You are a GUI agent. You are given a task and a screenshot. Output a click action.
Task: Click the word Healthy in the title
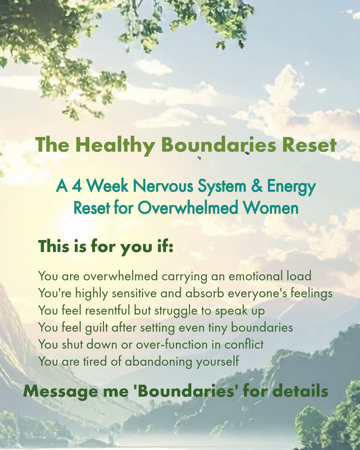pyautogui.click(x=115, y=145)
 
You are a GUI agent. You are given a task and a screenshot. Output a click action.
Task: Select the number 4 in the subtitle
pyautogui.click(x=77, y=186)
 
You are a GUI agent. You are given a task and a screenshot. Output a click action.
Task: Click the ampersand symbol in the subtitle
pyautogui.click(x=257, y=186)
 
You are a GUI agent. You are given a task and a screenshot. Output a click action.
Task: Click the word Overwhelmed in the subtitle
pyautogui.click(x=188, y=208)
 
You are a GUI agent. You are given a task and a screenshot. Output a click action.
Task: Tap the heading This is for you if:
pyautogui.click(x=106, y=247)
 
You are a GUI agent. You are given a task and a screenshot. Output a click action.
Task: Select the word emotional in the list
pyautogui.click(x=256, y=276)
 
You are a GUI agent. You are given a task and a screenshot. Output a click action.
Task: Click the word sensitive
pyautogui.click(x=134, y=293)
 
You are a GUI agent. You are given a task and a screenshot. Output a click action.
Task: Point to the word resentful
pyautogui.click(x=107, y=310)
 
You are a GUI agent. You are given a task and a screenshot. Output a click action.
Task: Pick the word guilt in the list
pyautogui.click(x=97, y=328)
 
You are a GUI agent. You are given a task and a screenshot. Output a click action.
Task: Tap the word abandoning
pyautogui.click(x=159, y=361)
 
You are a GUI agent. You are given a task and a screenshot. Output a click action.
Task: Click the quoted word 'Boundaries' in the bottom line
pyautogui.click(x=185, y=391)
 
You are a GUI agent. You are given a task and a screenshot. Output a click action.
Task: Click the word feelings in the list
pyautogui.click(x=311, y=293)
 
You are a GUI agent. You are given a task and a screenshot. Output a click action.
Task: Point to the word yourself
pyautogui.click(x=217, y=361)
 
